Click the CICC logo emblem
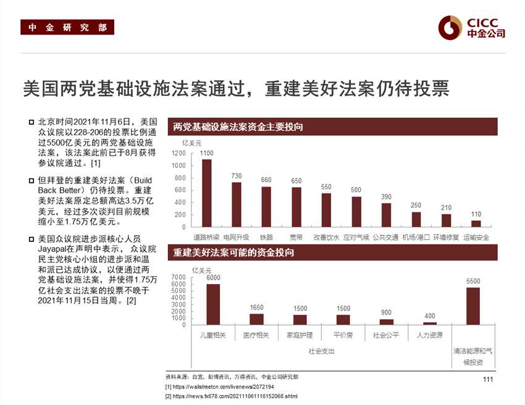coord(450,27)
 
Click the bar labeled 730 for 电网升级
coord(237,204)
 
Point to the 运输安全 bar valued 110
coord(476,223)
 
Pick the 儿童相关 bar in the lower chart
coord(213,304)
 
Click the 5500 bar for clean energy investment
coord(473,306)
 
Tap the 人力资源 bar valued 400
coord(430,323)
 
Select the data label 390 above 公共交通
coord(386,196)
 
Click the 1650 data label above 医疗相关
coord(256,307)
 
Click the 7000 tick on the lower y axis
coord(178,277)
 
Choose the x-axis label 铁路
coord(266,237)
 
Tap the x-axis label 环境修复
coord(446,237)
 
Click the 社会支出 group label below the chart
coord(321,351)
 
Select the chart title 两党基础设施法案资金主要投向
coord(238,127)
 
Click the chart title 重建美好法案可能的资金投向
coord(233,253)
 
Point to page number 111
coord(488,379)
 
